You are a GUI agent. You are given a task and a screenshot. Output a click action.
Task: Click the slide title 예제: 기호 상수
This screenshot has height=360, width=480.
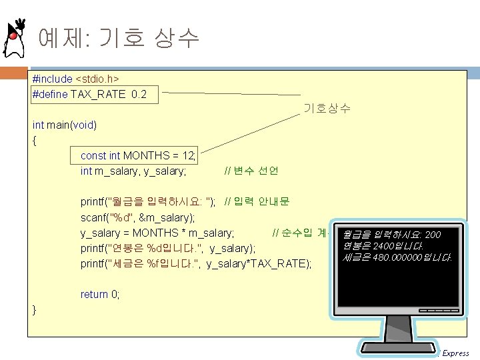coord(119,38)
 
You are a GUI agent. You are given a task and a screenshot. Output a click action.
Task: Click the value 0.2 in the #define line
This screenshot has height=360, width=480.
coord(139,94)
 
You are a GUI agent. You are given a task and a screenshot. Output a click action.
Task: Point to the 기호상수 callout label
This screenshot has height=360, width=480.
coord(327,109)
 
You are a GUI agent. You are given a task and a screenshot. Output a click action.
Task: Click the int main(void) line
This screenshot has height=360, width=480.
coord(65,125)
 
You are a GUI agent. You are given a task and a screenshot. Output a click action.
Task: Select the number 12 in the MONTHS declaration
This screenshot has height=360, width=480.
coord(188,155)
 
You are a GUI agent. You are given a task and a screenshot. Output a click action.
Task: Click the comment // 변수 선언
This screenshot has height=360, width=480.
coord(251,171)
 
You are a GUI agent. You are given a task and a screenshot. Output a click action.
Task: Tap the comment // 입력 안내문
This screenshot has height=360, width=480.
coord(257,202)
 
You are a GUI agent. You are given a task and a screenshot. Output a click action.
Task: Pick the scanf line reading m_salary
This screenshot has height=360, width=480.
coord(137,217)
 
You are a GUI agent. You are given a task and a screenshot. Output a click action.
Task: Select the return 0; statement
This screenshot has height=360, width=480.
coord(100,294)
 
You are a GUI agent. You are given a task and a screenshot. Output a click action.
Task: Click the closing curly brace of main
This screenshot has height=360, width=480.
coord(35,309)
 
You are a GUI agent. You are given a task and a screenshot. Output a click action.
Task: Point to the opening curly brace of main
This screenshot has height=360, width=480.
coord(35,140)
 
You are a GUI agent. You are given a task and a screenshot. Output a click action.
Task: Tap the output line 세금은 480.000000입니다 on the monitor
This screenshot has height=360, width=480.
coord(395,257)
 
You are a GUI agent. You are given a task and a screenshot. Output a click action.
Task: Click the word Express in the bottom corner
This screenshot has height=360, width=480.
coord(455,353)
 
